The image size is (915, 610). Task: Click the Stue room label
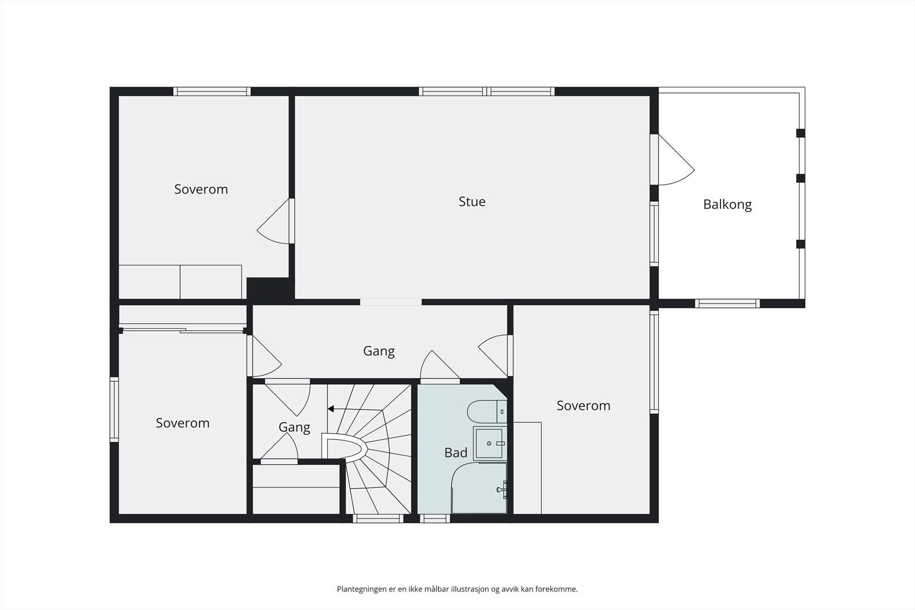tap(472, 202)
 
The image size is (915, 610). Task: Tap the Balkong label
tap(727, 205)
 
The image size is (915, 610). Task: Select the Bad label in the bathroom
tap(456, 453)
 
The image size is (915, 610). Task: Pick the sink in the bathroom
tap(490, 443)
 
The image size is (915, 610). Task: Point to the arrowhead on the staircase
tap(331, 409)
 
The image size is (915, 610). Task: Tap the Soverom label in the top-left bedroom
tap(201, 189)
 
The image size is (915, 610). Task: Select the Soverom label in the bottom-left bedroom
tap(182, 423)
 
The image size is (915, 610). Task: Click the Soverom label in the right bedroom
tap(583, 406)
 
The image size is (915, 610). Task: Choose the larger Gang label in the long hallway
tap(379, 351)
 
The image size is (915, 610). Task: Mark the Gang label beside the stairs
tap(294, 427)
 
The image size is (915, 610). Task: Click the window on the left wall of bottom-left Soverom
tap(114, 409)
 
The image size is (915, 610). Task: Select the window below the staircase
tap(377, 519)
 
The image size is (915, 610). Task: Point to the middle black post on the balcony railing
tap(801, 178)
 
